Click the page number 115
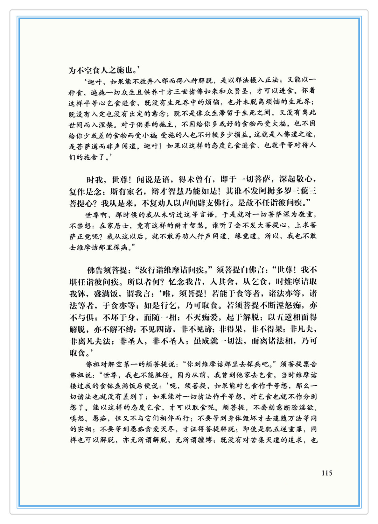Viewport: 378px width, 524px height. click(327, 473)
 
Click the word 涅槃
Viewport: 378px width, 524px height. click(106, 125)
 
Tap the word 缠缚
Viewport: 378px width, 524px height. click(203, 440)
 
